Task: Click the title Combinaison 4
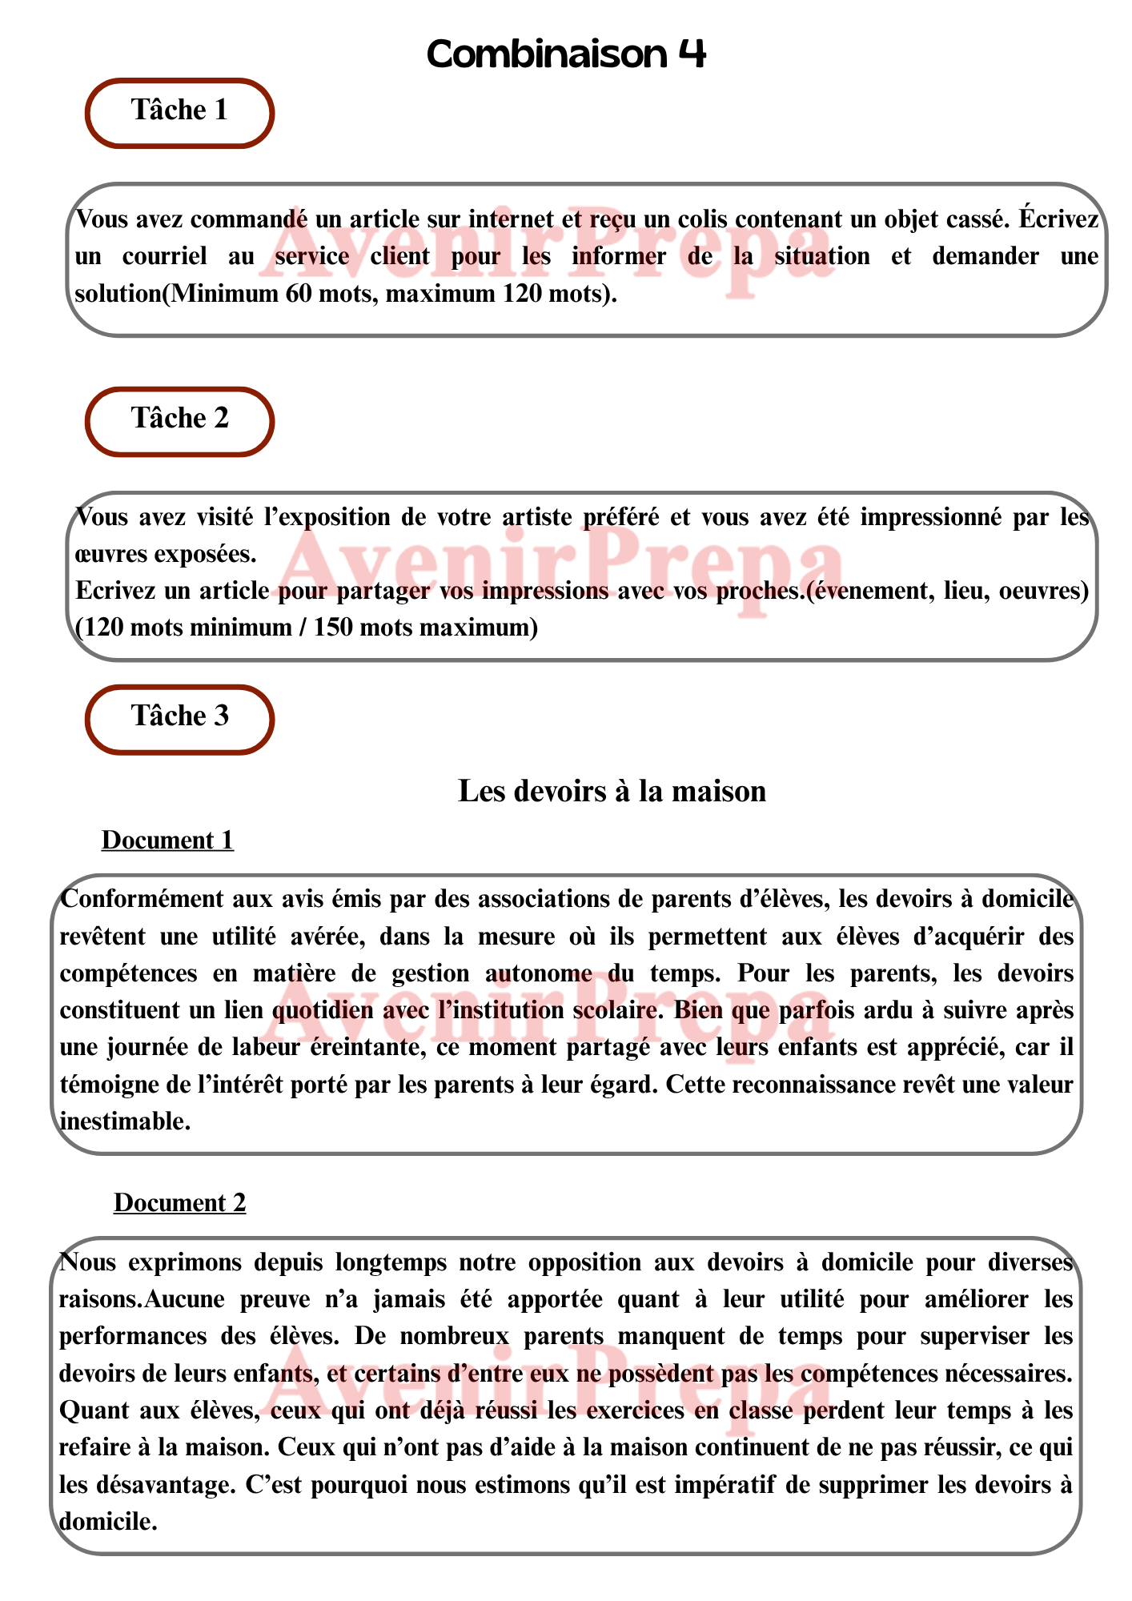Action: pyautogui.click(x=566, y=54)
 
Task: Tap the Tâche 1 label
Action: pyautogui.click(x=179, y=110)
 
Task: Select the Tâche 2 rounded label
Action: pyautogui.click(x=179, y=419)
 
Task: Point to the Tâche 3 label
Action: pyautogui.click(x=179, y=716)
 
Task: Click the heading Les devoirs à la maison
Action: pyautogui.click(x=612, y=792)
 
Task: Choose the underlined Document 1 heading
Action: pyautogui.click(x=167, y=841)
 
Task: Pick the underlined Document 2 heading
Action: pyautogui.click(x=179, y=1203)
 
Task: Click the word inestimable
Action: pyautogui.click(x=123, y=1122)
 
